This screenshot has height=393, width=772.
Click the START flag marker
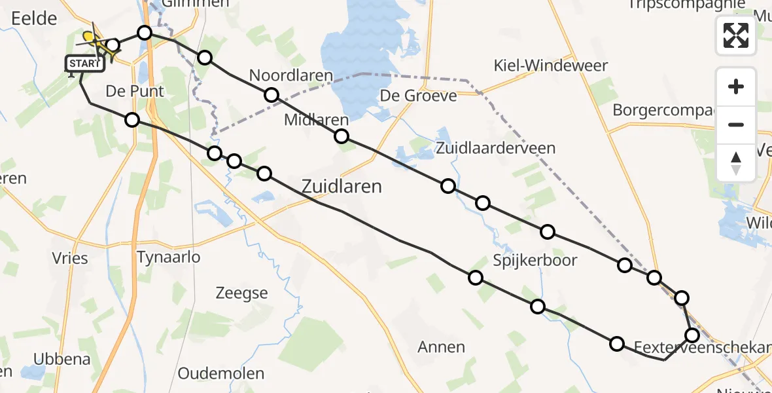[x=84, y=64]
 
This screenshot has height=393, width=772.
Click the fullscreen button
[x=736, y=35]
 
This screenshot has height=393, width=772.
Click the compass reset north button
[x=736, y=162]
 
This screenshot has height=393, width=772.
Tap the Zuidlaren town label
[x=342, y=187]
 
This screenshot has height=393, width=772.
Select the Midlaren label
[x=317, y=121]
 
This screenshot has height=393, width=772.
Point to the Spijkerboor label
[x=535, y=261]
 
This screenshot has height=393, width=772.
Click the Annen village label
[x=441, y=347]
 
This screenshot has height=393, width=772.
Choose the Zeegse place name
[x=242, y=293]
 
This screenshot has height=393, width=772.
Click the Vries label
[x=70, y=258]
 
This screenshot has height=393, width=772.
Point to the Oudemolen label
[x=221, y=374]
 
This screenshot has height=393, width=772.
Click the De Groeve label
[x=419, y=96]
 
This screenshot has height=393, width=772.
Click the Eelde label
[x=34, y=18]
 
